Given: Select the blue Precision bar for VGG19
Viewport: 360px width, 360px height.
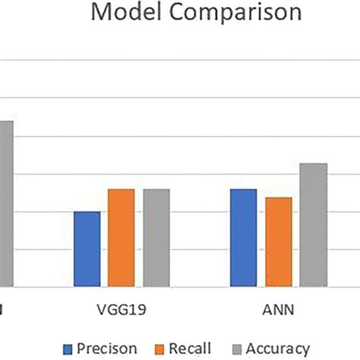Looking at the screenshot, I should [x=87, y=249].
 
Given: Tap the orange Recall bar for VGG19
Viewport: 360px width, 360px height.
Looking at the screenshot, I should [x=121, y=238].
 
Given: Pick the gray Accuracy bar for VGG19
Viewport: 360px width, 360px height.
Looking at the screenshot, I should [x=156, y=238].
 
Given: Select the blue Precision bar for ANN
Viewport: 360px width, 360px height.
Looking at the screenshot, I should [x=243, y=238].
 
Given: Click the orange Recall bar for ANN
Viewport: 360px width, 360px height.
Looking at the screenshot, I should [x=278, y=242].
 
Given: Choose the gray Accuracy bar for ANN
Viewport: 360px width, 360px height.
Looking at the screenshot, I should [x=313, y=225].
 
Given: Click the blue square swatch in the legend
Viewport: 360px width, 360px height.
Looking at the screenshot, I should [x=68, y=348].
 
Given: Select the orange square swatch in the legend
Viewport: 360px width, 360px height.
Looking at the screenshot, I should [x=159, y=348].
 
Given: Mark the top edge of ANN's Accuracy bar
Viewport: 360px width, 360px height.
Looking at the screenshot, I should [x=313, y=164].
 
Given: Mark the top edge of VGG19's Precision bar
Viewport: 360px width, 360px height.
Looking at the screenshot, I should [x=87, y=212].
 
